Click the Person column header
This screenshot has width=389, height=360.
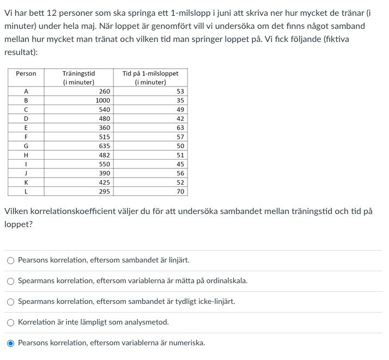26,74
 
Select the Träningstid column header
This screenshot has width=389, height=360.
78,78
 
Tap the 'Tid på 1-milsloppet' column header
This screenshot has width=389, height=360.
150,78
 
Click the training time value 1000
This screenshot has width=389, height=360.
102,101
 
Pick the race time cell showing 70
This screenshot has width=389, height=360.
180,192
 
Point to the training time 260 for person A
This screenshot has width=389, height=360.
104,91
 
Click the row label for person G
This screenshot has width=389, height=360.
26,146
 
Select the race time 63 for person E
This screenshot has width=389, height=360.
180,128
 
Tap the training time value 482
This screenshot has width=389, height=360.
104,155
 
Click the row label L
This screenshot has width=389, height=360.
26,192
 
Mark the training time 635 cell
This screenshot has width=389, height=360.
104,146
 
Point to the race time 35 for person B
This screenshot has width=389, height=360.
180,101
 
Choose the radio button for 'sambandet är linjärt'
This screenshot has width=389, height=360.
10,260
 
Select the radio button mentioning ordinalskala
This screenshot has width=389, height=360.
10,281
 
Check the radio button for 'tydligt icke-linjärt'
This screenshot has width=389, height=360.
10,302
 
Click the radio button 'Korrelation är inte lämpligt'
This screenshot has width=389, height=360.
10,322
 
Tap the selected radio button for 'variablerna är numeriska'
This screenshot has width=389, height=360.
10,343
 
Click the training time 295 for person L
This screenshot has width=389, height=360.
104,192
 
